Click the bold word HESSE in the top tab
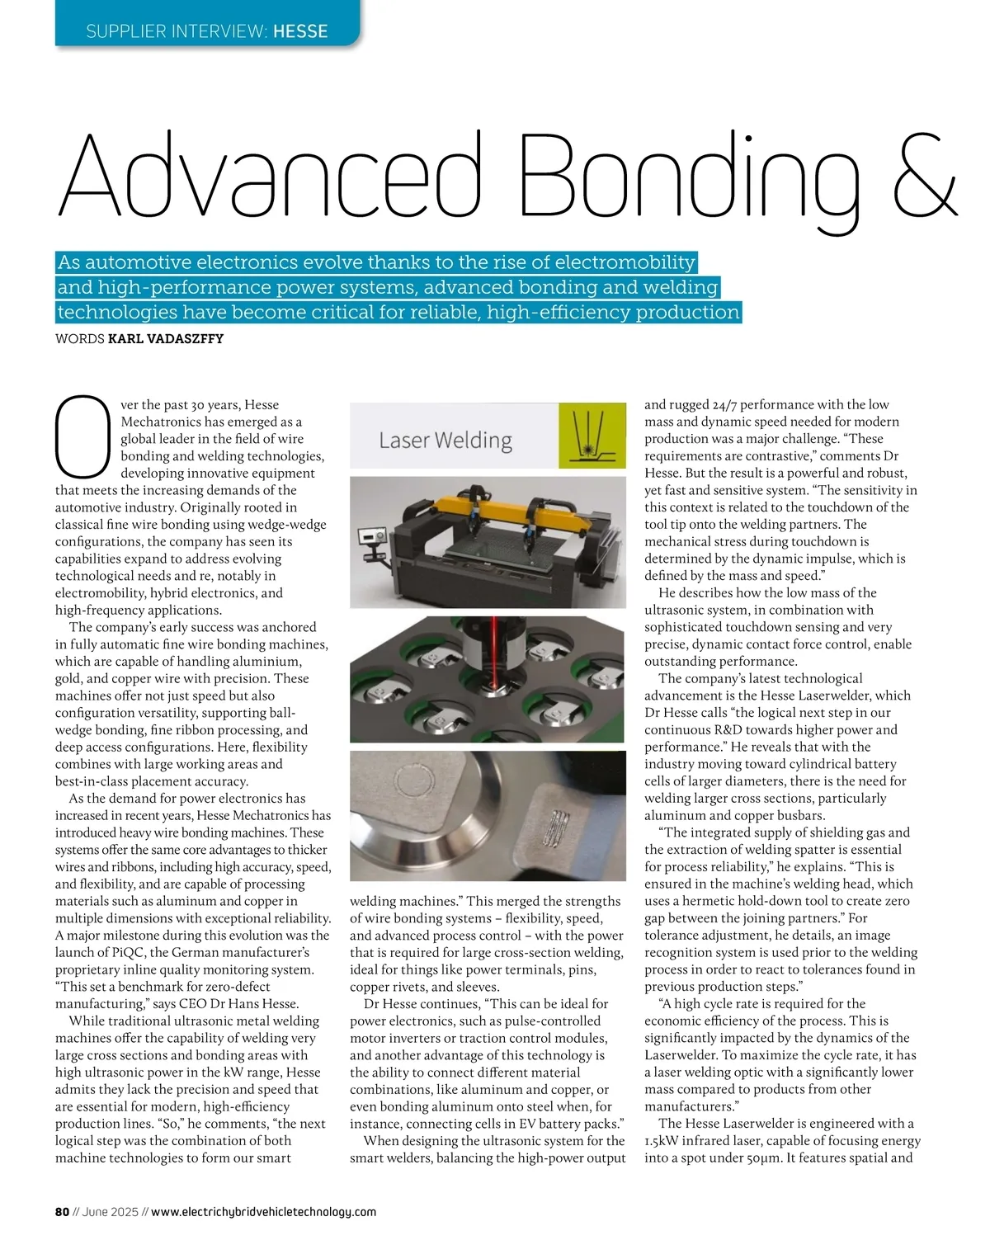pyautogui.click(x=300, y=31)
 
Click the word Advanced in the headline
pyautogui.click(x=268, y=175)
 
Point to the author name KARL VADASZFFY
pyautogui.click(x=166, y=338)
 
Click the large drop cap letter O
pyautogui.click(x=82, y=438)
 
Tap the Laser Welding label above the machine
pyautogui.click(x=445, y=440)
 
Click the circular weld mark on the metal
pyautogui.click(x=410, y=781)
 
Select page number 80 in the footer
pyautogui.click(x=62, y=1212)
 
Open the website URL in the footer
pyautogui.click(x=264, y=1212)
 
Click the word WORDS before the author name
pyautogui.click(x=79, y=338)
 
